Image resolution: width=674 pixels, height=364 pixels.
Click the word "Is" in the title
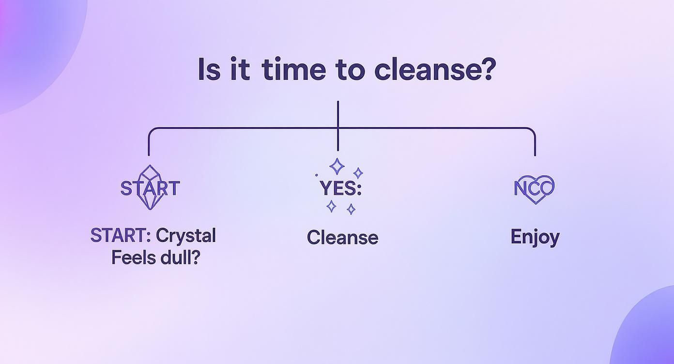pyautogui.click(x=209, y=70)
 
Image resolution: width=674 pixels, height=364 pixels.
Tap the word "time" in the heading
pyautogui.click(x=293, y=70)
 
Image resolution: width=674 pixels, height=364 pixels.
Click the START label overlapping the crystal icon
pyautogui.click(x=150, y=188)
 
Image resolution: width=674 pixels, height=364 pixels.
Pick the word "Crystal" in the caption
pyautogui.click(x=186, y=236)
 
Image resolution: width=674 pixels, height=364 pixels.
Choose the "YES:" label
pyautogui.click(x=340, y=188)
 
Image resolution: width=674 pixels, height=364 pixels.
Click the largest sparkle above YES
pyautogui.click(x=337, y=167)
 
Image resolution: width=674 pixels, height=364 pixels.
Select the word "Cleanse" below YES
pyautogui.click(x=342, y=237)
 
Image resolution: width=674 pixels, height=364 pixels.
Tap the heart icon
pyautogui.click(x=535, y=188)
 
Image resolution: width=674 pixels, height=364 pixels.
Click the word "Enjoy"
pyautogui.click(x=535, y=237)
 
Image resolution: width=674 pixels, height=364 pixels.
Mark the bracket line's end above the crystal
pyautogui.click(x=149, y=154)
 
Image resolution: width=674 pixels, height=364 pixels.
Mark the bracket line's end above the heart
pyautogui.click(x=535, y=154)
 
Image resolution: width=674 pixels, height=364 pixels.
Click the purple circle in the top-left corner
pyautogui.click(x=34, y=44)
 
